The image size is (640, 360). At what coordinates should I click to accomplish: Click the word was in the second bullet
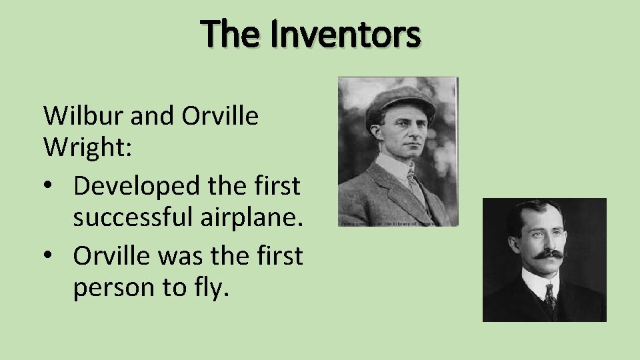(173, 255)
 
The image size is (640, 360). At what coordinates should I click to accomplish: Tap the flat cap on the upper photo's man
(400, 99)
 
